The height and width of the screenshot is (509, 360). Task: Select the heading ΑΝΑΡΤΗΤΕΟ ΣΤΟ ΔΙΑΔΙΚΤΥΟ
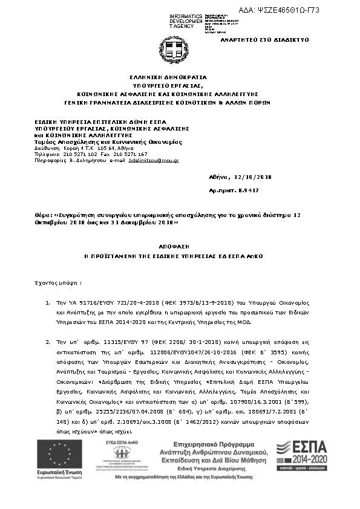pos(272,39)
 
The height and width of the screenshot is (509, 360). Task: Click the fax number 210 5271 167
pos(130,154)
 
